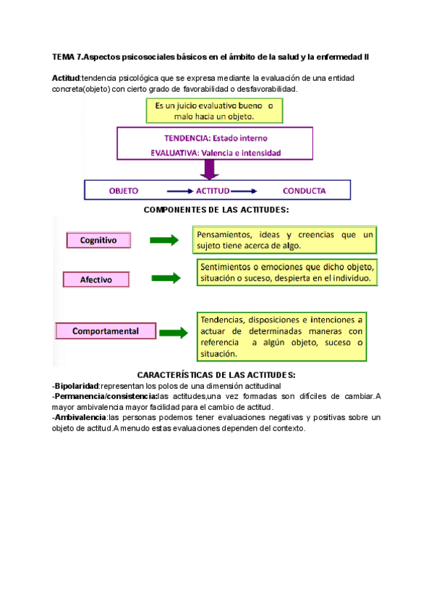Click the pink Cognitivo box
coord(98,240)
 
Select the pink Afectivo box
coord(95,279)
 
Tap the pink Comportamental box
coord(106,331)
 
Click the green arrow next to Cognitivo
coord(164,240)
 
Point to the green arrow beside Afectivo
coord(166,278)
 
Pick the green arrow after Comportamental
coord(174,331)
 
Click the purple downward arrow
coord(210,169)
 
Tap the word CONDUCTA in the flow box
coord(304,191)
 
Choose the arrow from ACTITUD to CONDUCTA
coord(244,191)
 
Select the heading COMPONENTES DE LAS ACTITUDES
coord(216,210)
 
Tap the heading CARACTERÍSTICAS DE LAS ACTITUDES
coord(216,374)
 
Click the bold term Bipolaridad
coord(76,386)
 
